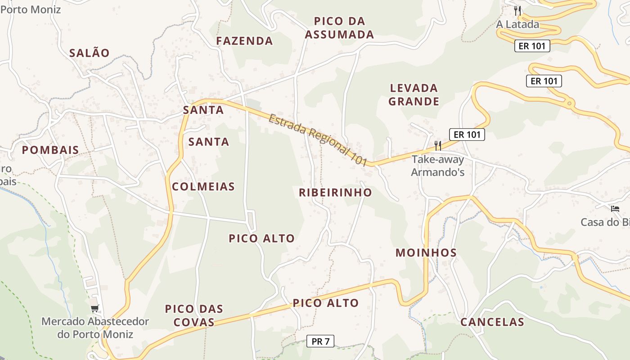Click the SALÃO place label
pyautogui.click(x=89, y=53)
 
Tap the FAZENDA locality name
pyautogui.click(x=244, y=41)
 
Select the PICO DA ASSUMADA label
pyautogui.click(x=339, y=28)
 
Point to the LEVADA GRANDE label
pyautogui.click(x=414, y=94)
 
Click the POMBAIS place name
pyautogui.click(x=50, y=150)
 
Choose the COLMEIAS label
pyautogui.click(x=203, y=187)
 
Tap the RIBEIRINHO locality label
pyautogui.click(x=335, y=193)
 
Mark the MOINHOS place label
pyautogui.click(x=426, y=253)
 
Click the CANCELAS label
pyautogui.click(x=492, y=322)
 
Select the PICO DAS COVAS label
pyautogui.click(x=194, y=315)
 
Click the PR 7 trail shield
pyautogui.click(x=320, y=342)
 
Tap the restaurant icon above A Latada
pyautogui.click(x=517, y=10)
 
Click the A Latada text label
pyautogui.click(x=517, y=24)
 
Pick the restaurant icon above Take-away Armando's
pyautogui.click(x=437, y=145)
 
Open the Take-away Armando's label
pyautogui.click(x=437, y=166)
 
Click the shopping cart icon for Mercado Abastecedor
pyautogui.click(x=94, y=309)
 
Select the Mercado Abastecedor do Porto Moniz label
pyautogui.click(x=95, y=328)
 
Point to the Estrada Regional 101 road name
pyautogui.click(x=318, y=140)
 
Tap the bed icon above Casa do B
pyautogui.click(x=615, y=208)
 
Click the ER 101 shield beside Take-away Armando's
pyautogui.click(x=467, y=134)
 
